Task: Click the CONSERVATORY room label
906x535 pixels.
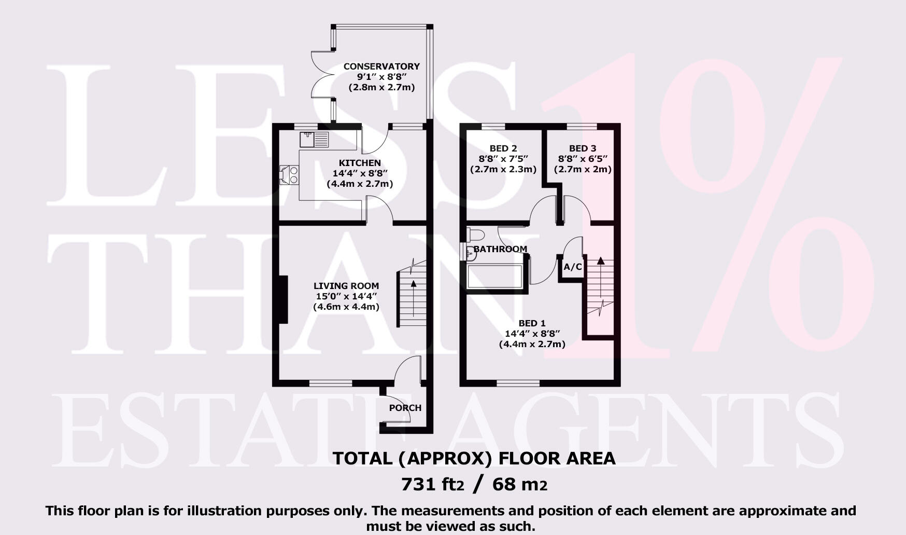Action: (381, 66)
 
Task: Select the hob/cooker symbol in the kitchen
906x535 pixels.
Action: (289, 174)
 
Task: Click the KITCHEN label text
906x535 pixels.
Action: (360, 163)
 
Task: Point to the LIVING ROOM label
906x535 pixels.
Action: (346, 286)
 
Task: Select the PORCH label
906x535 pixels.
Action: (405, 408)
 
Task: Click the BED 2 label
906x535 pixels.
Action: (503, 149)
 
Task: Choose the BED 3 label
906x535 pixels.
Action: (583, 149)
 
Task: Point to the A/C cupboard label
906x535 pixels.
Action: (572, 267)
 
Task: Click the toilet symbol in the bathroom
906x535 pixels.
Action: (475, 234)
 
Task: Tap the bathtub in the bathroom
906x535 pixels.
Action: (494, 276)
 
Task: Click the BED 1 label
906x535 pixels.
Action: (532, 323)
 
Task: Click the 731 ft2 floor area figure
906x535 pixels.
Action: (432, 484)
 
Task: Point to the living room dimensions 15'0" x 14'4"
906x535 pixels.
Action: (346, 296)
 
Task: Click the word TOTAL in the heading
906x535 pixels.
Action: (362, 458)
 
